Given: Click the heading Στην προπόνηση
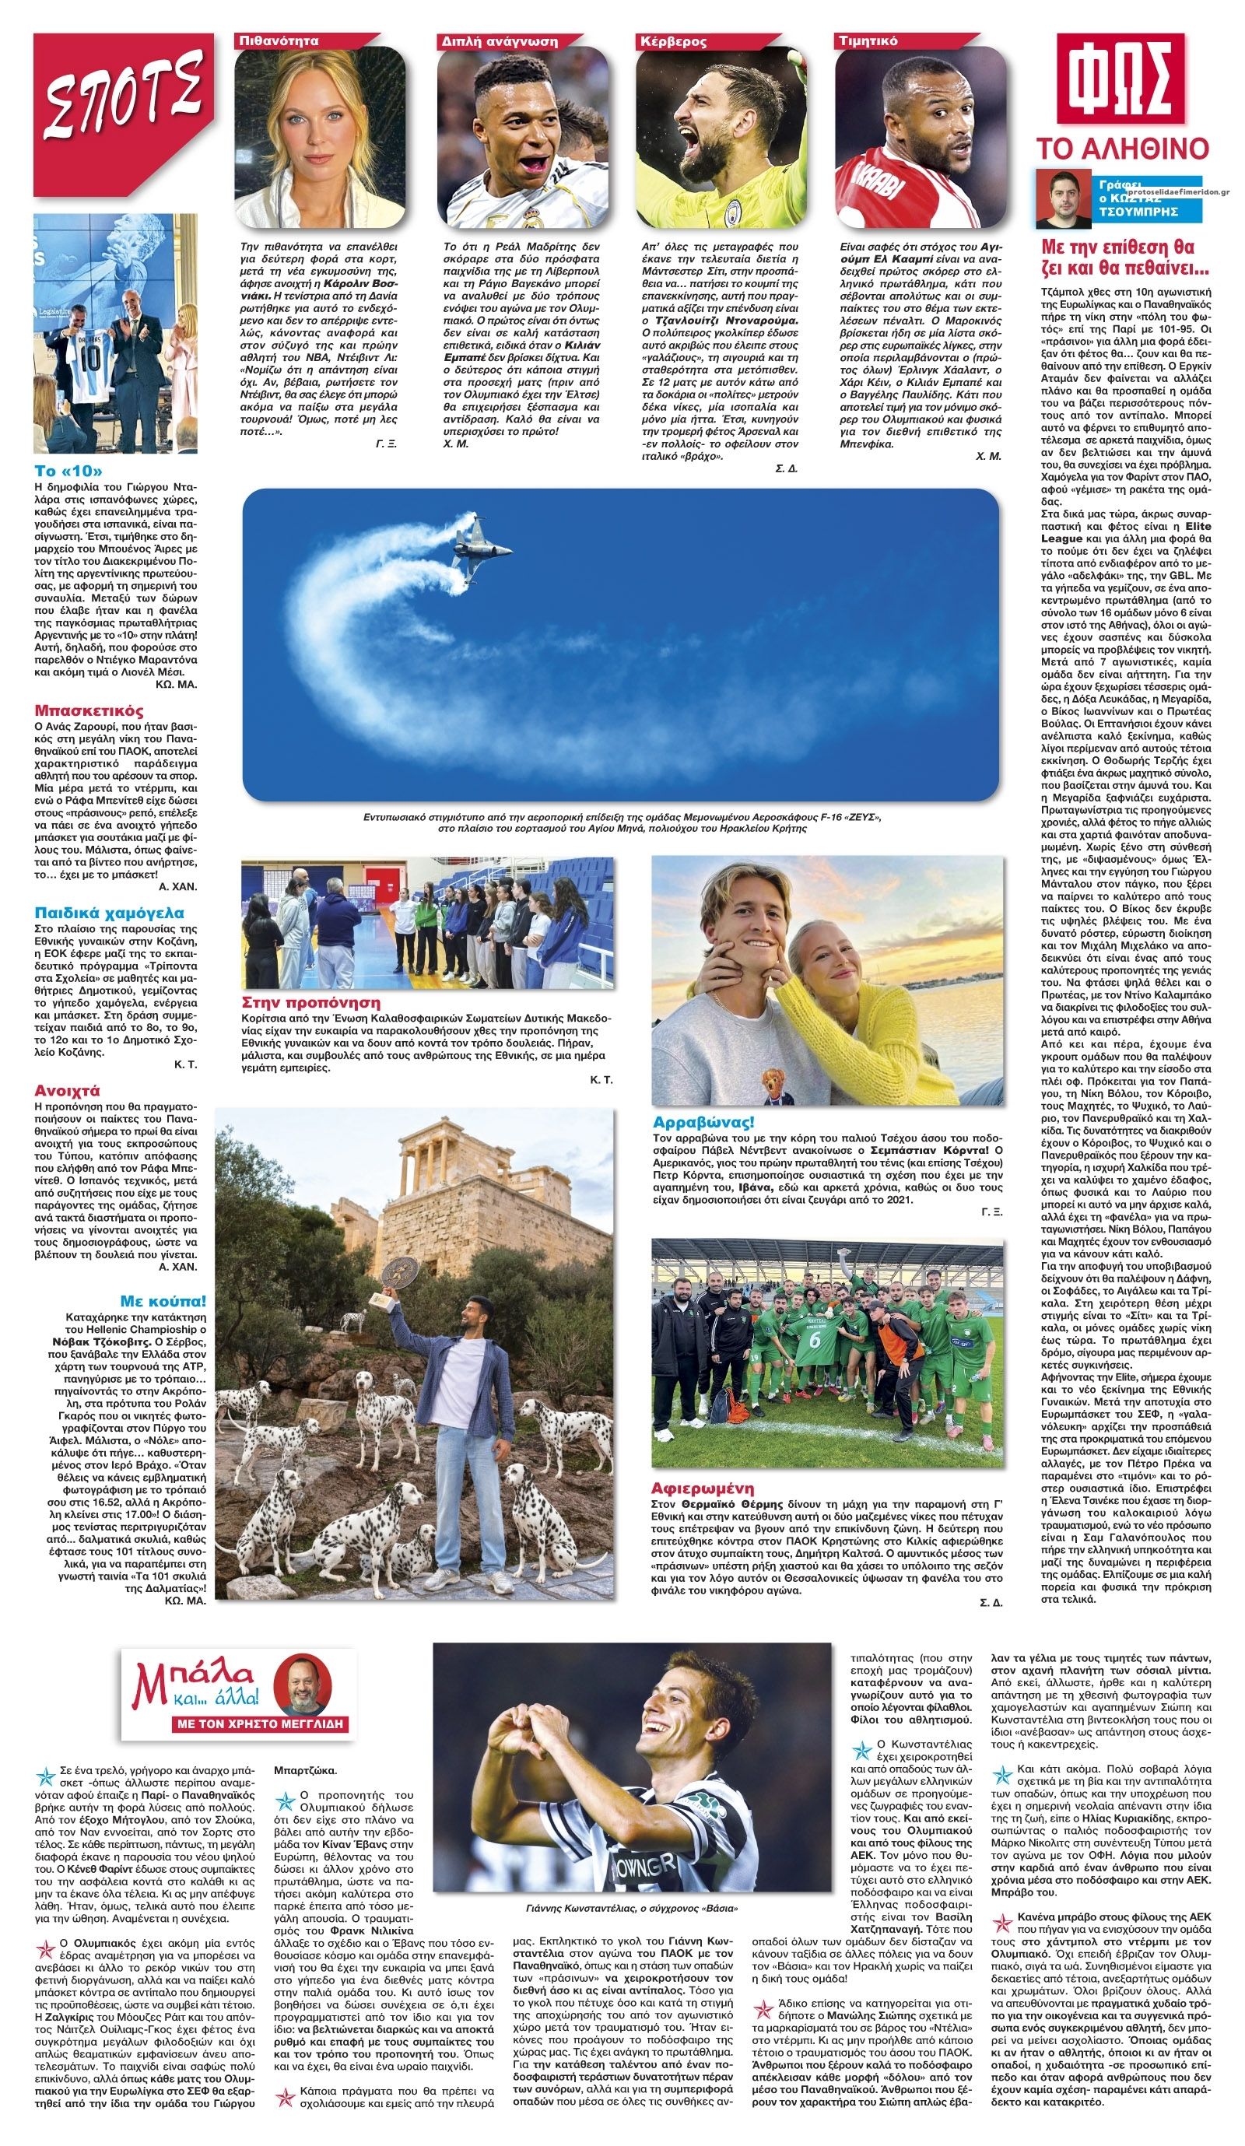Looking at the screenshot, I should (310, 1002).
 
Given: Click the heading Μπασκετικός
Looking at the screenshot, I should (89, 710).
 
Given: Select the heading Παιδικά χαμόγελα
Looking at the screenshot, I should (109, 913).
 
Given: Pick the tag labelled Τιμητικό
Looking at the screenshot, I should (868, 40).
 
